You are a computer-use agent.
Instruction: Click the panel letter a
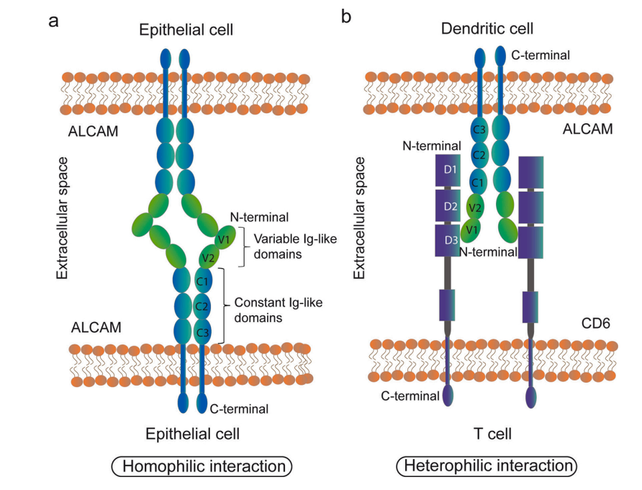point(53,19)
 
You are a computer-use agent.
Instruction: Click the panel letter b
point(346,16)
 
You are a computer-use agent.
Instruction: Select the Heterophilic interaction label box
point(487,466)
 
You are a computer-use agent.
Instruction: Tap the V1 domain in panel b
point(472,230)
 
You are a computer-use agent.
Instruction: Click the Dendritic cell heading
point(487,29)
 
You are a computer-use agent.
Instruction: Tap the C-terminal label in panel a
point(239,409)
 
